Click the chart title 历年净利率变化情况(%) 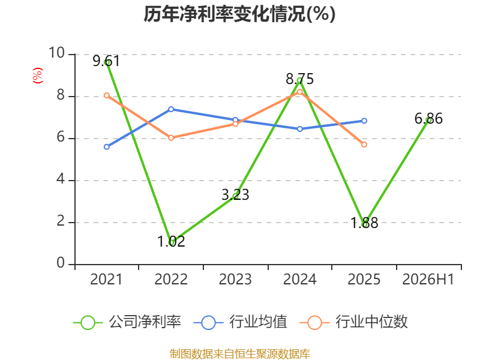[x=239, y=14]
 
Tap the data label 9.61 [x=106, y=61]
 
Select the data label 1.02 [x=171, y=241]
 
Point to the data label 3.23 [x=235, y=194]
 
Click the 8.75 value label [x=299, y=79]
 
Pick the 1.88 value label [x=364, y=223]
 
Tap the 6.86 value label [x=428, y=118]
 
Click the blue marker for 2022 [x=171, y=109]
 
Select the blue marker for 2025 [x=364, y=121]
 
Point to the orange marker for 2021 [x=107, y=95]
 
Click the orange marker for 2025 [x=364, y=145]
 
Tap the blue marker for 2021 [x=107, y=147]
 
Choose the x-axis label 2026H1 [x=428, y=279]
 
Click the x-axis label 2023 [x=235, y=279]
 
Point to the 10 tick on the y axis [x=57, y=53]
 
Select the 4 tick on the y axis [x=61, y=179]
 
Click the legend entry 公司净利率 [x=127, y=322]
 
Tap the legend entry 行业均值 [x=241, y=322]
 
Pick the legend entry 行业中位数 [x=353, y=322]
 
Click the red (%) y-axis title [x=38, y=76]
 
